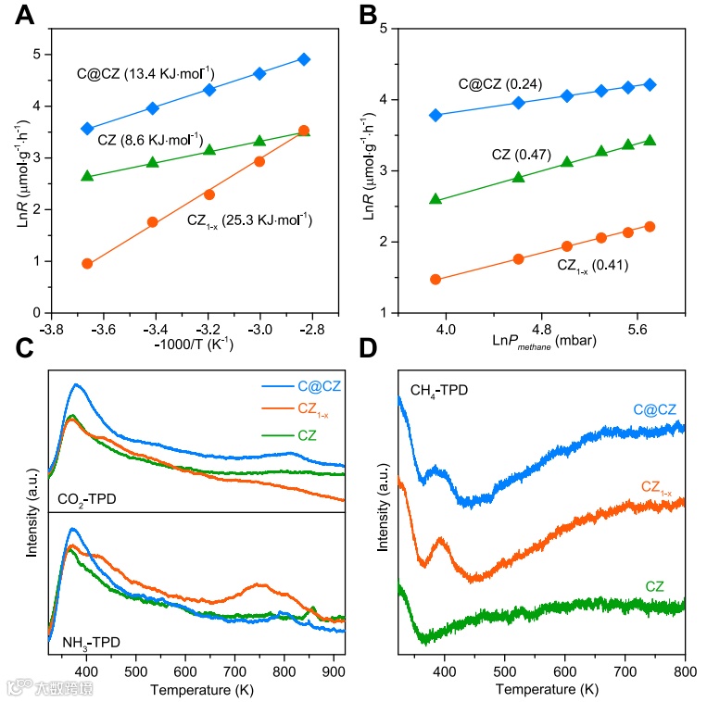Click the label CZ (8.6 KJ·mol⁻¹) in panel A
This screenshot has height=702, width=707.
coord(149,140)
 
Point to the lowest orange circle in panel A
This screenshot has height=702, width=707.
coord(87,264)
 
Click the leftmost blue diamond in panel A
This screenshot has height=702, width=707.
coord(87,129)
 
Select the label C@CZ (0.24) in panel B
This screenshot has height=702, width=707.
coord(500,83)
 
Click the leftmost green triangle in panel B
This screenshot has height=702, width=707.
coord(436,199)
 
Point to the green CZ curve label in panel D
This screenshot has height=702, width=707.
coord(653,586)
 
